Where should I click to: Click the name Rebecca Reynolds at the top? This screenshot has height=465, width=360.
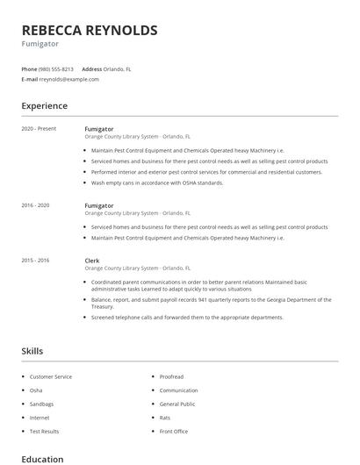[90, 31]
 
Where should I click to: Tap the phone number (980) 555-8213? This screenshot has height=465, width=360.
[56, 68]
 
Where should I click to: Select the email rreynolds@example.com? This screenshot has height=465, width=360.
[69, 79]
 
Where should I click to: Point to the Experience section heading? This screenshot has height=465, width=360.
[44, 106]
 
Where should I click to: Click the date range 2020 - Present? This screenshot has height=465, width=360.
[39, 128]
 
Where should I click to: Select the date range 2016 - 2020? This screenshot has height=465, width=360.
[36, 205]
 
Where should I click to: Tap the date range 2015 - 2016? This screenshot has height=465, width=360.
[36, 261]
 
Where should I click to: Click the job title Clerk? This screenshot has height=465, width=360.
[91, 261]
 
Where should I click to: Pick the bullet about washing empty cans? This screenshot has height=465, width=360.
[157, 182]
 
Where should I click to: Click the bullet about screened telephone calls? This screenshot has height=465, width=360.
[187, 317]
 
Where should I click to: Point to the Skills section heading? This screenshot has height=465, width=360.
[32, 351]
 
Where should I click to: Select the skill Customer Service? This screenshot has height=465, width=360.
[51, 376]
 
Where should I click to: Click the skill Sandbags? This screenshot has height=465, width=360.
[41, 404]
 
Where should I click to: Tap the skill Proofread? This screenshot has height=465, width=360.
[171, 376]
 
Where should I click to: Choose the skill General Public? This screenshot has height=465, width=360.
[176, 404]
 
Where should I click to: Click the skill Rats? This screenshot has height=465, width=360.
[164, 418]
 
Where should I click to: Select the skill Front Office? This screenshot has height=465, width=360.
[173, 431]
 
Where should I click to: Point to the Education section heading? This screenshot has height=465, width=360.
[42, 459]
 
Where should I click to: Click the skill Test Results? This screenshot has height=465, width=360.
[44, 431]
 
